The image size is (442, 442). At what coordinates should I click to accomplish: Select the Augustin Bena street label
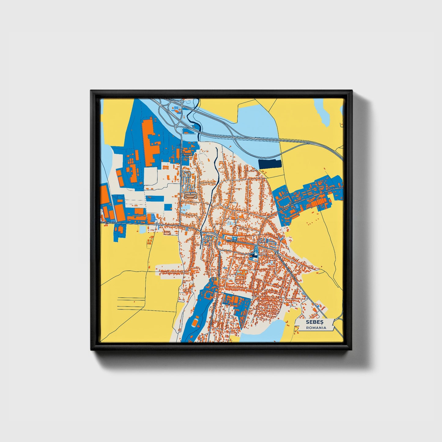click(109, 223)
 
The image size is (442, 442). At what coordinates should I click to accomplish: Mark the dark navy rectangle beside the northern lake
click(269, 164)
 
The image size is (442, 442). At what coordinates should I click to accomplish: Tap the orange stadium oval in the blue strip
click(195, 322)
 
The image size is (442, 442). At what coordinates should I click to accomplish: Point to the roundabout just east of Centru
click(276, 252)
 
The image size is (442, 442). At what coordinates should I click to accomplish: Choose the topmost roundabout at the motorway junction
click(182, 101)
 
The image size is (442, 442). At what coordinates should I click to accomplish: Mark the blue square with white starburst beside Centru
click(235, 238)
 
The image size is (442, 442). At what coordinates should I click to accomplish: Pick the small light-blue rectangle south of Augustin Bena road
click(143, 229)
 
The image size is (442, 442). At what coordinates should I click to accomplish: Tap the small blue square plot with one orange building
click(168, 207)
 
